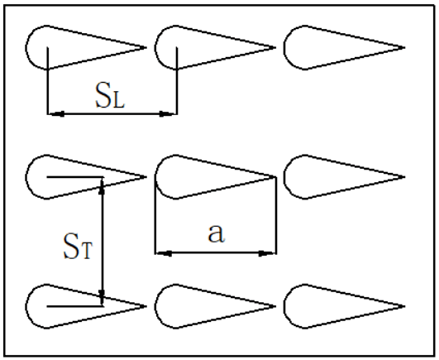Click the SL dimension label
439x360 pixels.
(110, 95)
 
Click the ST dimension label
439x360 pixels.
(78, 246)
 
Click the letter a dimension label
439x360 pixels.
(216, 233)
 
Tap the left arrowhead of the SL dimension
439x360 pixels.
(57, 113)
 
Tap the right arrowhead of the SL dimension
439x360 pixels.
(168, 113)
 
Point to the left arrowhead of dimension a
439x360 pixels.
(164, 253)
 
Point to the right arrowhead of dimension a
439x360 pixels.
(267, 253)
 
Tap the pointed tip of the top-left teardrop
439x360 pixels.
(146, 48)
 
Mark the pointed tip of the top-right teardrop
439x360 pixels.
(404, 48)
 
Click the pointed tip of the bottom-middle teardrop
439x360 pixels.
(276, 306)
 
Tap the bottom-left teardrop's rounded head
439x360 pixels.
(26, 306)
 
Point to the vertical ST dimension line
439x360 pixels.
(103, 242)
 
